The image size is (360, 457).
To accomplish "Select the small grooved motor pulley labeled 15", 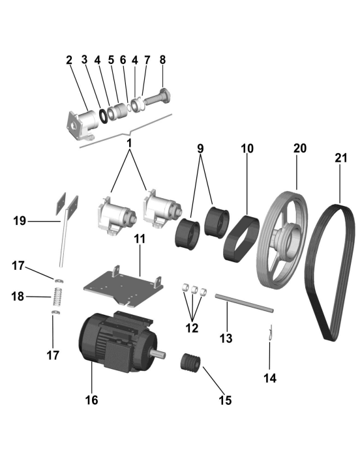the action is coord(190,363).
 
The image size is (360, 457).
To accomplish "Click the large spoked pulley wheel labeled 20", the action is coord(282,239).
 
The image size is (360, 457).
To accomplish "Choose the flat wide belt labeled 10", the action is coord(241,239).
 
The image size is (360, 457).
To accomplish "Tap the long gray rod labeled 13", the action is coord(245,303).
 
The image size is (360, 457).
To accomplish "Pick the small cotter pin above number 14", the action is coord(271,333).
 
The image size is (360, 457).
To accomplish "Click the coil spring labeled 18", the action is coord(58,297).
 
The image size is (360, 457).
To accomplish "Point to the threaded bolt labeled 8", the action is coord(157,98).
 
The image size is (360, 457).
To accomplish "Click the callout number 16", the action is coord(91,400).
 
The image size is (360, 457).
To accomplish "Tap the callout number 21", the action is coord(341,158).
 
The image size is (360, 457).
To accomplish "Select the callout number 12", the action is coord(192,328).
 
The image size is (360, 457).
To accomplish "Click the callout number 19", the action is coord(20,220).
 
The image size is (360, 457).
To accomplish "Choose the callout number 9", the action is coord(200,149).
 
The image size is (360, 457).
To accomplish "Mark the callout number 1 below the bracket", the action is coord(129,143).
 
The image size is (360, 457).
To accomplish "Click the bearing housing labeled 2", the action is coord(82,124).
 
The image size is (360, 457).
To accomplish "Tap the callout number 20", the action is coord(300,149).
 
